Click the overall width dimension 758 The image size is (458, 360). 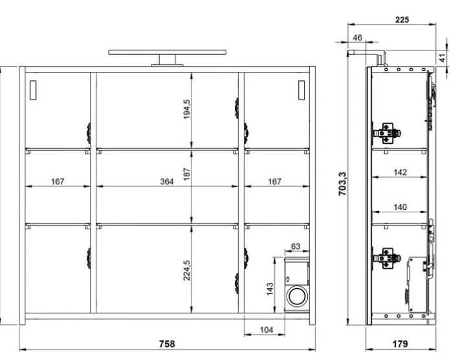point(167,344)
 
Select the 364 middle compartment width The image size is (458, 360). point(167,182)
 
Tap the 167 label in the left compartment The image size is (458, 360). point(58,182)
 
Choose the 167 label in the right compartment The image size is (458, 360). point(275,182)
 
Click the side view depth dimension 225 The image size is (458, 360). point(402,20)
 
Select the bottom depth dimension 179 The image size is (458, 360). point(399,344)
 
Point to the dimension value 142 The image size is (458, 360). point(400,172)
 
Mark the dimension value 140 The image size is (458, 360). point(400,207)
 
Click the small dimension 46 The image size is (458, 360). point(357,38)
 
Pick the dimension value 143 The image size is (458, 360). point(270,286)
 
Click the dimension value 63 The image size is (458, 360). point(296,247)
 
